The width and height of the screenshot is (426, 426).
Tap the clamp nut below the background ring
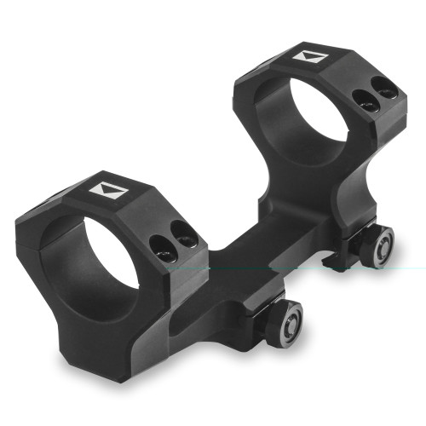pos(377,245)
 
